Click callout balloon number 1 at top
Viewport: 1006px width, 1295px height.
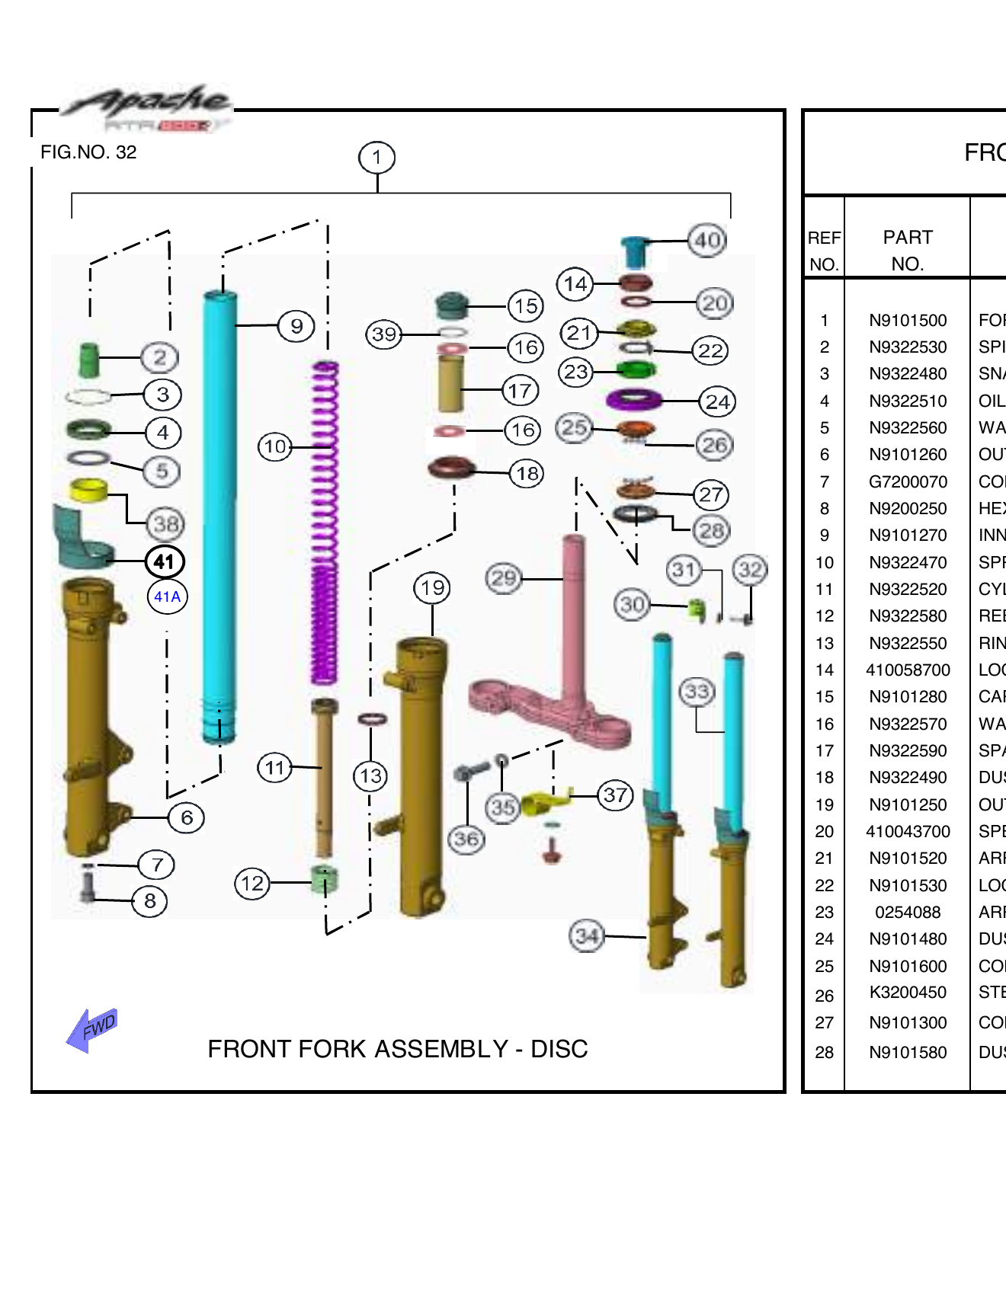pos(376,158)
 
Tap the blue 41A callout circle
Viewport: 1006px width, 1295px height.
pos(167,596)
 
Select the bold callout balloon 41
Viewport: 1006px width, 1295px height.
pos(165,562)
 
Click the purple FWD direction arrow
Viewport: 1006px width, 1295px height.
pos(92,1030)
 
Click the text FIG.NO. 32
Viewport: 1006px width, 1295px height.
pos(88,152)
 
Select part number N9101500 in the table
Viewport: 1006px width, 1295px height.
pos(907,321)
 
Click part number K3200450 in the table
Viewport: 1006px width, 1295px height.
pos(907,993)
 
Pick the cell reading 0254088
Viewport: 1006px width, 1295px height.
pos(907,913)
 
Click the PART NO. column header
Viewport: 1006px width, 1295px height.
pos(907,250)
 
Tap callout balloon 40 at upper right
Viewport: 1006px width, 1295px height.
pos(706,241)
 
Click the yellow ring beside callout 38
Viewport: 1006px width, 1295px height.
pos(88,490)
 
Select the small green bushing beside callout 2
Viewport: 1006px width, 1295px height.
pos(89,359)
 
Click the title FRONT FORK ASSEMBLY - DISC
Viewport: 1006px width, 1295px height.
pos(397,1049)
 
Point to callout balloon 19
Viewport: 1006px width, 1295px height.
pos(432,588)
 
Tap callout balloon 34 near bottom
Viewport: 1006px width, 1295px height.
pos(587,935)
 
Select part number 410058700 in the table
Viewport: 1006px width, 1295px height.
pos(907,670)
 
